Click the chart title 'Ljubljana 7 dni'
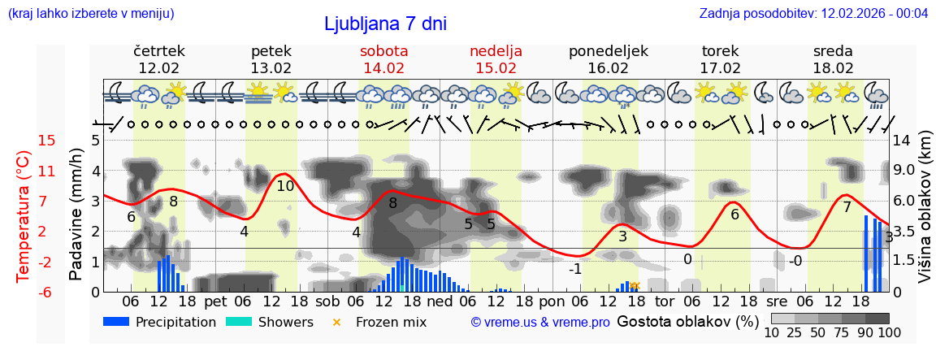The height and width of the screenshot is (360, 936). pos(385,24)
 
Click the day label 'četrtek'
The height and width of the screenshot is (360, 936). pos(158,50)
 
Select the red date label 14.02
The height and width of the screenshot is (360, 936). pos(383,68)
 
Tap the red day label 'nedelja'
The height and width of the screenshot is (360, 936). pos(496,50)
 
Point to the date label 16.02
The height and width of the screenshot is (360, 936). pos(608,68)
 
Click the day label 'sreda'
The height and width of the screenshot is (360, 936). pos(833,50)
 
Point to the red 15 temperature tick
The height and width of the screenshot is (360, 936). pos(47,141)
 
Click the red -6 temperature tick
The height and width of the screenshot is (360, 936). pos(47,292)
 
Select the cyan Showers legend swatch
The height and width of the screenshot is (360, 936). pos(239,322)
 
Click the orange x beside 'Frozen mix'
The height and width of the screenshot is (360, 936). pos(336,322)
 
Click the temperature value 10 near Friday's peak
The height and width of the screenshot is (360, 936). pos(285,186)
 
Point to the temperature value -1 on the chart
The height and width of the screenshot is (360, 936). pos(574,269)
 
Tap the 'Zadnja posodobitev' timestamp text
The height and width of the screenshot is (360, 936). pos(813,13)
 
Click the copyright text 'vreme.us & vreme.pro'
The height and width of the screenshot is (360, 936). pos(540,322)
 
